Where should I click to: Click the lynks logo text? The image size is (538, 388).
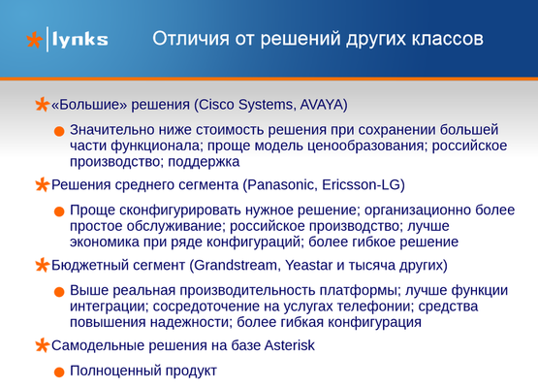(80, 40)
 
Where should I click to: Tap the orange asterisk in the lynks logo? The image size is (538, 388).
(34, 40)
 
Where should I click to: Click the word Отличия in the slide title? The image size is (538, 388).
(190, 39)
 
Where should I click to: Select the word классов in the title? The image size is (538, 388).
(448, 39)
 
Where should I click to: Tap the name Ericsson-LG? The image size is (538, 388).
(362, 184)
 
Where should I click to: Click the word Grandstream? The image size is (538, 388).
(236, 265)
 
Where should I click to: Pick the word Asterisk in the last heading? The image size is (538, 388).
(290, 345)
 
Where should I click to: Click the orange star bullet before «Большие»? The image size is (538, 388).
(42, 105)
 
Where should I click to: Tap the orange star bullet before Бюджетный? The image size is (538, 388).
(42, 265)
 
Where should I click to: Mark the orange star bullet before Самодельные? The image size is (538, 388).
(42, 345)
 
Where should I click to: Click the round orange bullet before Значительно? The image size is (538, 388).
(59, 131)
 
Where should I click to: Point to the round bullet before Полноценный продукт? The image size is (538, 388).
(59, 372)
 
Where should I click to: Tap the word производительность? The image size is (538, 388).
(247, 290)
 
